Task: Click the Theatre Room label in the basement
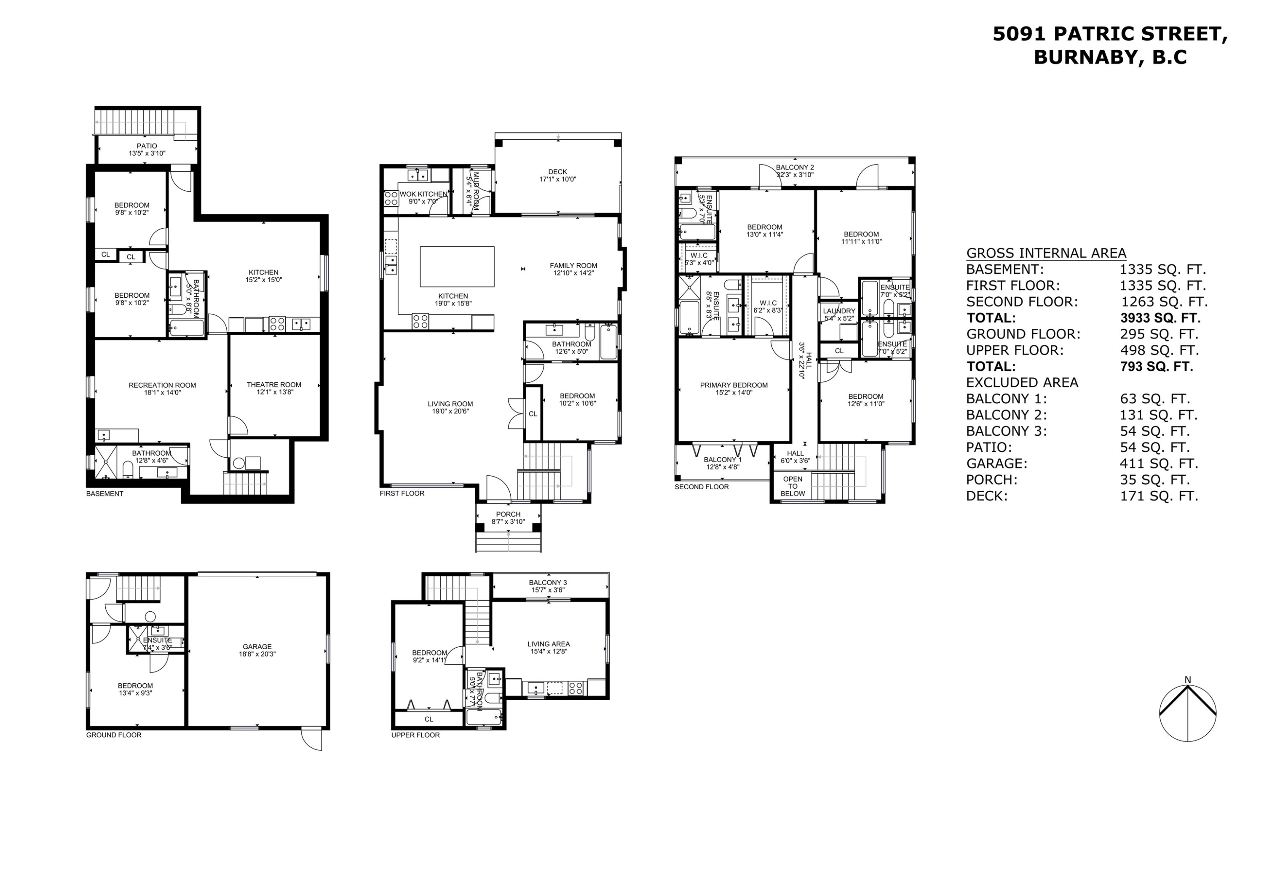(x=273, y=384)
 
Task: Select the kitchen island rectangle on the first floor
(x=457, y=267)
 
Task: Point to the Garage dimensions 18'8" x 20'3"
(x=257, y=654)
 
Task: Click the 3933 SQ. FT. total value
(x=1160, y=318)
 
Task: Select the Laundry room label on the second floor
(x=839, y=311)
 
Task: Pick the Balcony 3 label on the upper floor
(x=548, y=583)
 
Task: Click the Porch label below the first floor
(x=508, y=514)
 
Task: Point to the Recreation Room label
(x=162, y=385)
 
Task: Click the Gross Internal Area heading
(x=1046, y=253)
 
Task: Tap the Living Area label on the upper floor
(x=548, y=644)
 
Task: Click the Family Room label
(x=573, y=265)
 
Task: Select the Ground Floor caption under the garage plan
(x=113, y=735)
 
